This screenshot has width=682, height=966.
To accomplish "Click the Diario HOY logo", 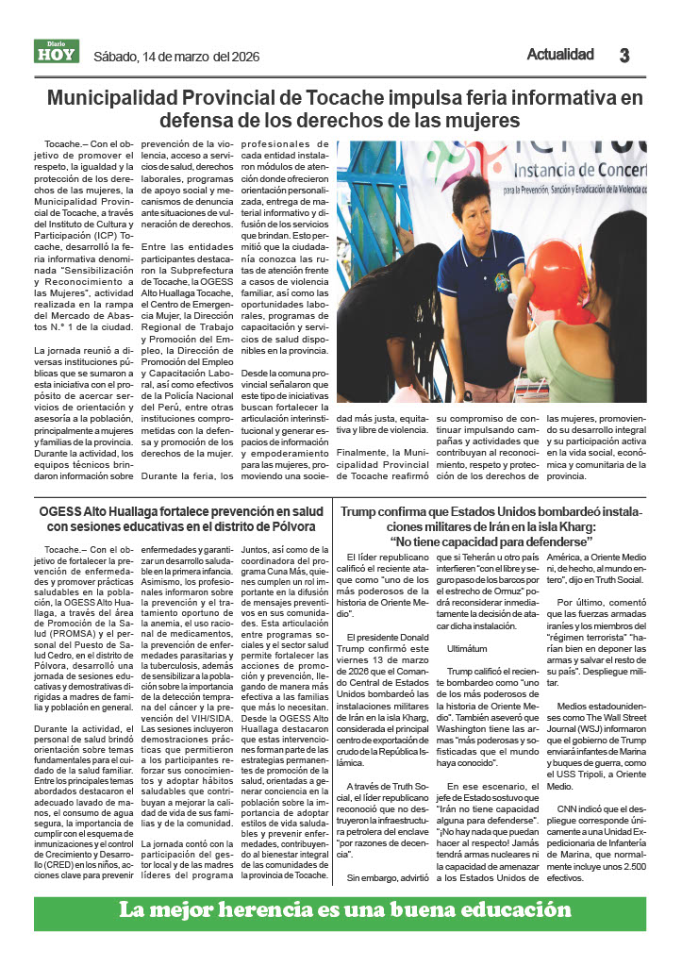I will tap(56, 52).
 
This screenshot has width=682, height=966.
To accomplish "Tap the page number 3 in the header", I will tap(624, 55).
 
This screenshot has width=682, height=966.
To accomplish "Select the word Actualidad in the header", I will tap(560, 54).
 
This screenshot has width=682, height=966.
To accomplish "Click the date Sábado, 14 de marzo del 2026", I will tap(175, 55).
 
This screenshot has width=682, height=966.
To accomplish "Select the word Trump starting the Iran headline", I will tap(358, 511).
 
